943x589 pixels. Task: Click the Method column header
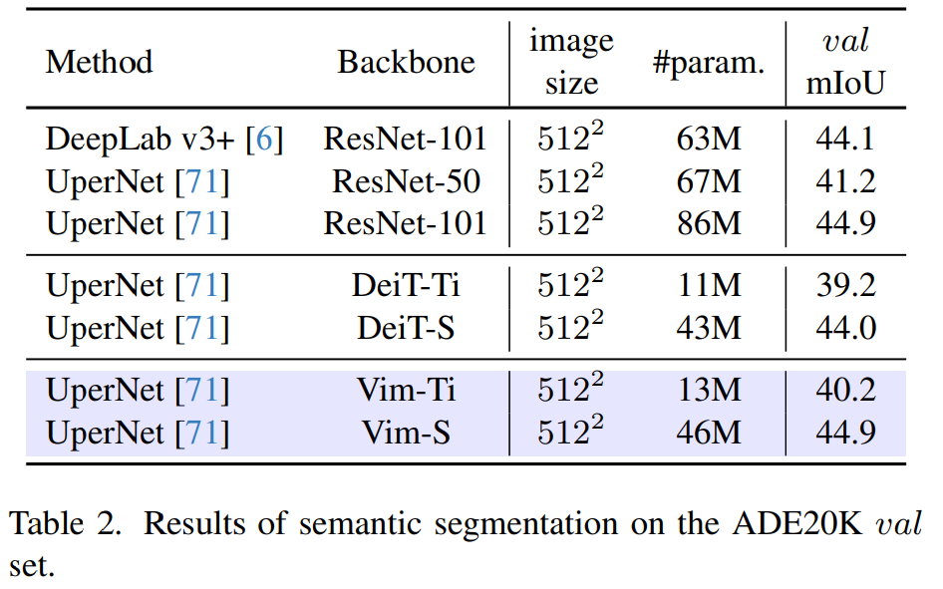click(x=99, y=62)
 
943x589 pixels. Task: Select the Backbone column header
click(x=406, y=62)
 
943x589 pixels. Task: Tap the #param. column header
click(x=708, y=64)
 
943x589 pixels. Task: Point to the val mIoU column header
click(x=845, y=62)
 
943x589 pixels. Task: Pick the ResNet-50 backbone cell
click(x=406, y=181)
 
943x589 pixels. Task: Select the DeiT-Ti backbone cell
click(x=406, y=286)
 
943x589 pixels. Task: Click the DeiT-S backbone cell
click(x=406, y=328)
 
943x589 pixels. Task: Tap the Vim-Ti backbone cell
click(x=406, y=391)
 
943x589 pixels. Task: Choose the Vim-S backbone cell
click(x=406, y=434)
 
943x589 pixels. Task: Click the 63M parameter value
click(x=709, y=139)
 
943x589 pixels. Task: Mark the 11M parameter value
click(x=709, y=286)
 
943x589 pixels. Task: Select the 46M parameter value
click(x=709, y=434)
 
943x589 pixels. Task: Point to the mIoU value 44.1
click(x=845, y=139)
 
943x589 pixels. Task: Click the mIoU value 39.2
click(x=845, y=286)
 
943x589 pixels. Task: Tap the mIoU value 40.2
click(x=845, y=391)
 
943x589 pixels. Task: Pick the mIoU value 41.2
click(x=845, y=181)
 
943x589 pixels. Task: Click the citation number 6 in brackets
click(x=263, y=140)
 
